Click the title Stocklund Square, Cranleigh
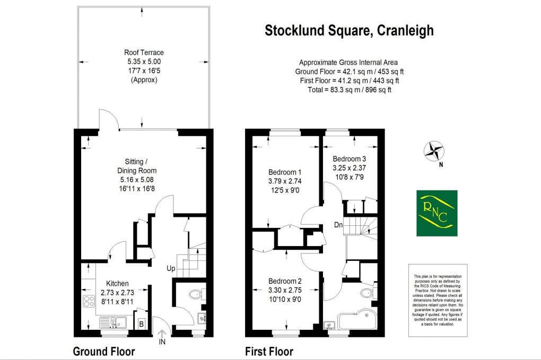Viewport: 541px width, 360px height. point(349,31)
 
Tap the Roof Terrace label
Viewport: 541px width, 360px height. point(144,52)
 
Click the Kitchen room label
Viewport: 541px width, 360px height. point(117,284)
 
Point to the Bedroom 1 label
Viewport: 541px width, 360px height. point(285,172)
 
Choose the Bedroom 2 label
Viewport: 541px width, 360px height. point(285,281)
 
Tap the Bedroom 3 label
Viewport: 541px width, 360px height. point(350,159)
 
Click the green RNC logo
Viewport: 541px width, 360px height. point(435,213)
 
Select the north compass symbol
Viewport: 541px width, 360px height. point(434,150)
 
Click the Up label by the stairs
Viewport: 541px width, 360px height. point(171,268)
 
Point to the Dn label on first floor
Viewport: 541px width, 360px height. point(338,225)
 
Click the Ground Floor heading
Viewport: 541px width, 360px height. point(103,351)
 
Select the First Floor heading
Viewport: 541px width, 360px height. point(269,351)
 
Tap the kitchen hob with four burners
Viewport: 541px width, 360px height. point(88,303)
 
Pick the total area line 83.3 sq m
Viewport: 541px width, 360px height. point(348,90)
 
